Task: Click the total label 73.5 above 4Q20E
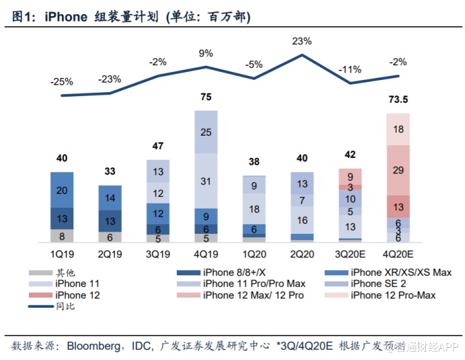[x=398, y=101]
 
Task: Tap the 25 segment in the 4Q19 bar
[x=206, y=132]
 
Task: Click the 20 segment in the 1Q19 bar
[x=62, y=190]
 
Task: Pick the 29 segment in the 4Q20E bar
[x=398, y=170]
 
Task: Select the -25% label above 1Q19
[x=61, y=82]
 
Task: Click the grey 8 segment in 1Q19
[x=62, y=236]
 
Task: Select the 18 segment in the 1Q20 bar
[x=254, y=209]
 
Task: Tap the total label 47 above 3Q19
[x=158, y=146]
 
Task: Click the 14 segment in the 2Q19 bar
[x=110, y=198]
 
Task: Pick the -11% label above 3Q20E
[x=349, y=69]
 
